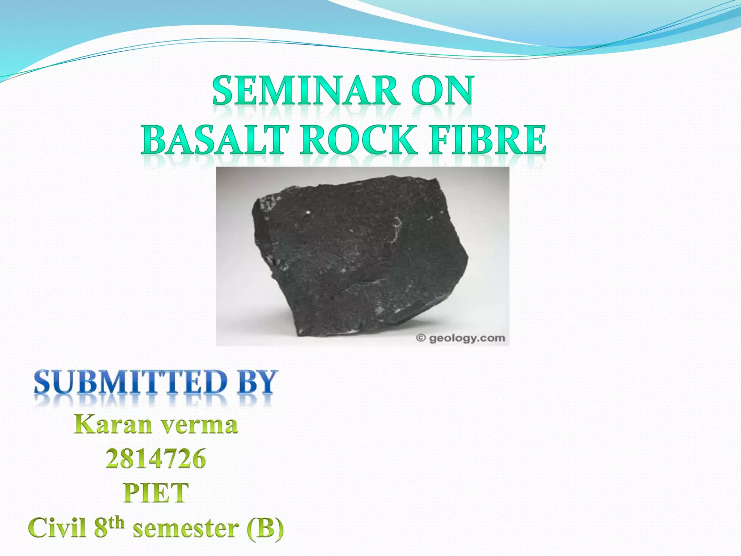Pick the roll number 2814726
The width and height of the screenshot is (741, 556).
(156, 459)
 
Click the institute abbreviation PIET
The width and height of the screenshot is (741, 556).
(156, 493)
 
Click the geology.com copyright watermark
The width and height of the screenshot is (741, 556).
(467, 338)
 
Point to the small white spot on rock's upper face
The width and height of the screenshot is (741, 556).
(308, 213)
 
